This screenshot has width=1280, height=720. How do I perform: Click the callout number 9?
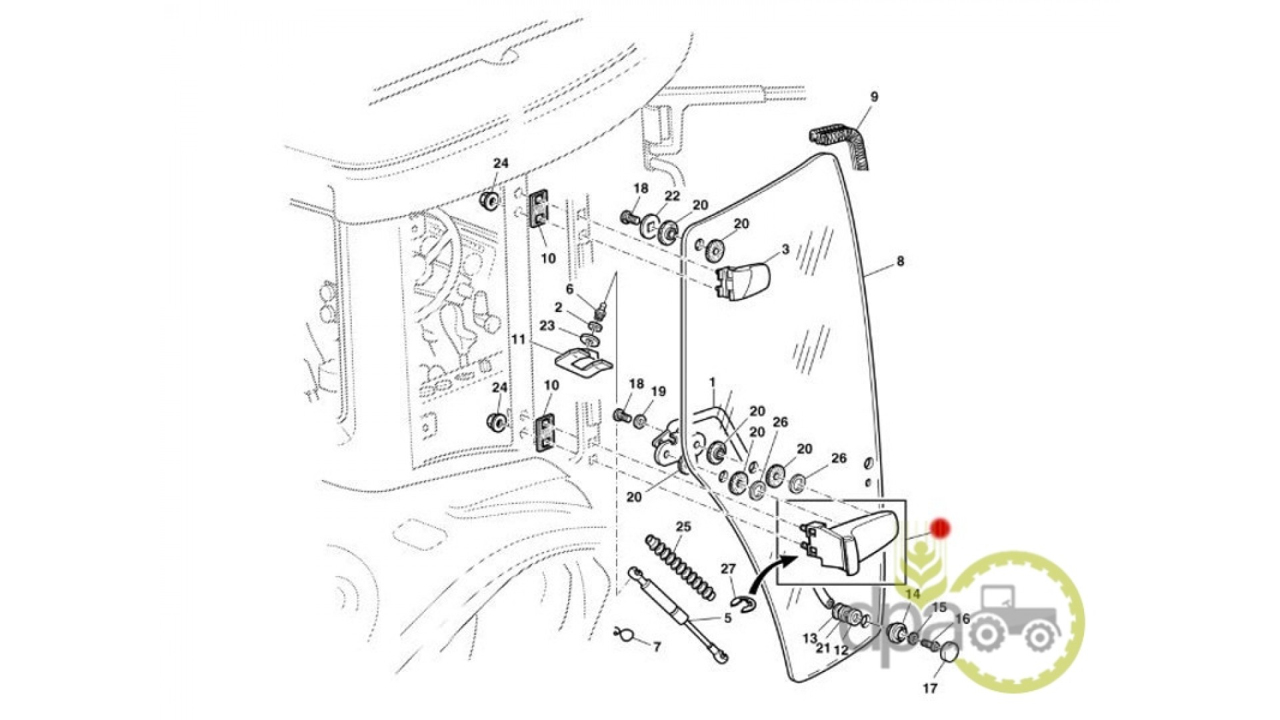(874, 97)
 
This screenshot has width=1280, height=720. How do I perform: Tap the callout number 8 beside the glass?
(900, 261)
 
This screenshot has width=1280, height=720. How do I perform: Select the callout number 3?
(785, 249)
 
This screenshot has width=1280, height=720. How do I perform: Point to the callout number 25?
(683, 527)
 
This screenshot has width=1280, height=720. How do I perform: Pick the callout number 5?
(727, 618)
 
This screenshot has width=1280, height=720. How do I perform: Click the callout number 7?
(657, 647)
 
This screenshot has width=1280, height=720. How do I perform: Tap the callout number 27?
(728, 569)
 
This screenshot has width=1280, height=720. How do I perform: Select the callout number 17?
(930, 688)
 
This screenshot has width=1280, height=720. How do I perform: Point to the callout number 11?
(519, 339)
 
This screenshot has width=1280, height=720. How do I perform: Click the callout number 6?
(569, 289)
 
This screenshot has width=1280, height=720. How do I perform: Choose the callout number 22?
(672, 195)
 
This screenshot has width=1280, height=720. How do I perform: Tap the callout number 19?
(658, 391)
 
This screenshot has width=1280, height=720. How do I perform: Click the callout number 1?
(712, 383)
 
